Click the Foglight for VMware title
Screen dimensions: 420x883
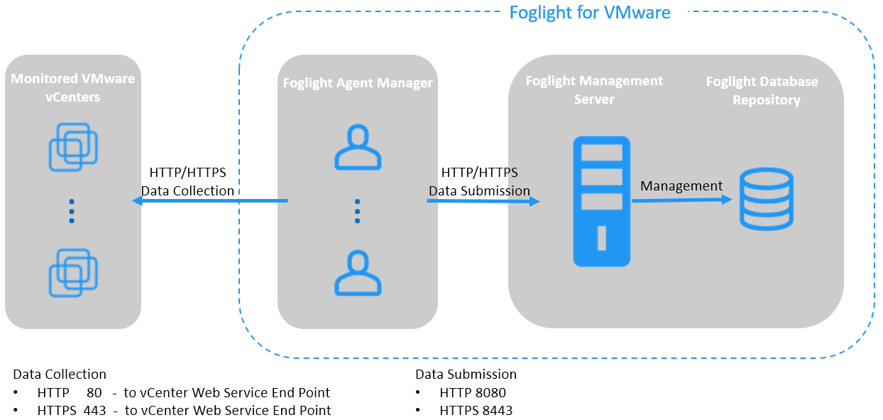pos(590,12)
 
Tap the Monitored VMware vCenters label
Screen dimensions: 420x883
pos(73,87)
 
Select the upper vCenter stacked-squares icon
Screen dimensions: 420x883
pos(73,147)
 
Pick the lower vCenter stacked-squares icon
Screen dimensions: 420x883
pos(73,272)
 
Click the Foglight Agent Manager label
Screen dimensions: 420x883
pos(358,83)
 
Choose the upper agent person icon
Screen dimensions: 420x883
pos(358,148)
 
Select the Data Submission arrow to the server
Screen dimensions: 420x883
pos(483,201)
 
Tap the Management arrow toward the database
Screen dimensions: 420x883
pos(681,200)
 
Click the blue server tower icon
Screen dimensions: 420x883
pos(602,201)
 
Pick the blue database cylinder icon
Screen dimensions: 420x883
pos(766,200)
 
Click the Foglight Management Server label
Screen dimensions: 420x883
pos(594,90)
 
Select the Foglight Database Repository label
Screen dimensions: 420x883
pos(762,91)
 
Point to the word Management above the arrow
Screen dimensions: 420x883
pos(681,186)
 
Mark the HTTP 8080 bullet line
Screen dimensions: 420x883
pos(473,392)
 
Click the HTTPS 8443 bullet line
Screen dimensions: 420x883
pos(476,410)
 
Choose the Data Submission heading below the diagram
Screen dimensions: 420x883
pos(466,374)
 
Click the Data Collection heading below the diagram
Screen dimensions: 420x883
pos(60,374)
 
